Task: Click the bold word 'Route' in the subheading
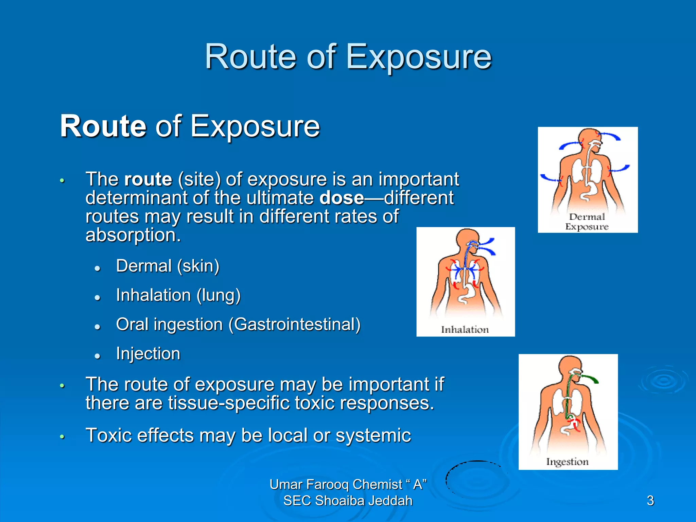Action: pyautogui.click(x=103, y=126)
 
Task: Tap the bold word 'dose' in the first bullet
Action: pyautogui.click(x=341, y=198)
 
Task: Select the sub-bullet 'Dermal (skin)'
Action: pyautogui.click(x=168, y=266)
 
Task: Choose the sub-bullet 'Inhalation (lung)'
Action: pyautogui.click(x=178, y=295)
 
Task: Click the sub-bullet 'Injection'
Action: pyautogui.click(x=148, y=353)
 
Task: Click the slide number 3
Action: pyautogui.click(x=650, y=501)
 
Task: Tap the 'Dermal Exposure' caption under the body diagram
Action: pyautogui.click(x=587, y=222)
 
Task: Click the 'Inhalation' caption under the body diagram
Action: pyautogui.click(x=465, y=329)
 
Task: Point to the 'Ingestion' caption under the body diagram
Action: pyautogui.click(x=567, y=462)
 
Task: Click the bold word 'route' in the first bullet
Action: pyautogui.click(x=148, y=179)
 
